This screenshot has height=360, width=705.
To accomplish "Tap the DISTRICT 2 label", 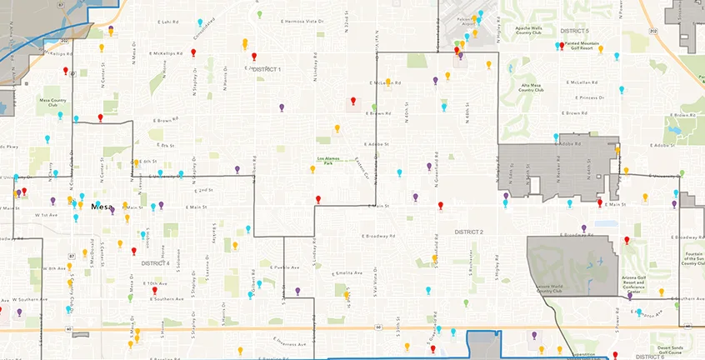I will pos(468,232).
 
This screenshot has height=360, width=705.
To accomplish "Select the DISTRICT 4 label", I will pos(156,263).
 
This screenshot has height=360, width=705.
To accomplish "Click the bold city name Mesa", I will pos(102,206).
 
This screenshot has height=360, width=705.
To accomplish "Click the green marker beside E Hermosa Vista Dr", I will pos(260,14).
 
